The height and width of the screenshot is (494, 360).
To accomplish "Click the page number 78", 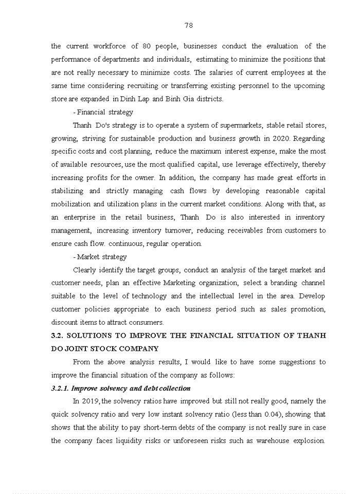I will click(x=188, y=25).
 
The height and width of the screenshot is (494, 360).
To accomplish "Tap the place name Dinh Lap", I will click(x=136, y=99).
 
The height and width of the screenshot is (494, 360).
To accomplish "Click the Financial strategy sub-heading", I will click(x=105, y=112).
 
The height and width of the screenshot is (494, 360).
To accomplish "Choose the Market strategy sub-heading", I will click(x=102, y=257).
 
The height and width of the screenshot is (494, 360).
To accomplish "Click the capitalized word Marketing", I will click(x=183, y=283).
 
